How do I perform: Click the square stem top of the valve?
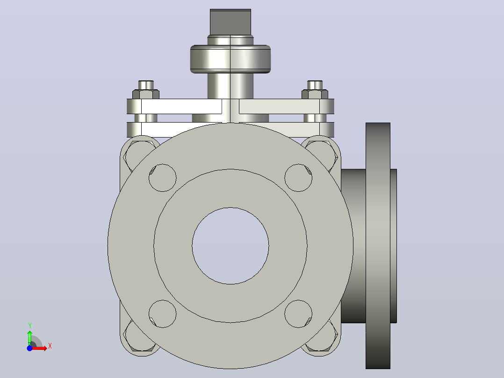(230, 22)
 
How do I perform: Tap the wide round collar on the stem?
(230, 59)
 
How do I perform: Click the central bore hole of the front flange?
(230, 246)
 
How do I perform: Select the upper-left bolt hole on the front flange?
(163, 178)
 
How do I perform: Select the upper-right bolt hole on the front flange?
(298, 178)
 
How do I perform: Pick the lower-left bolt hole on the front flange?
(163, 313)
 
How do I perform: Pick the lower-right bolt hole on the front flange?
(298, 313)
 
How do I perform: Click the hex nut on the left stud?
(145, 94)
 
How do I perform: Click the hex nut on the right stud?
(315, 94)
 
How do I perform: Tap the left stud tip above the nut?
(146, 85)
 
